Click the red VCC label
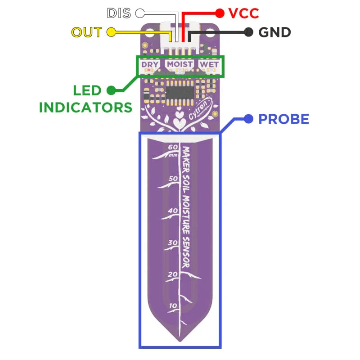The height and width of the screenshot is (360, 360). [x=243, y=13]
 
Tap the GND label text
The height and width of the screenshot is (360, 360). [x=274, y=32]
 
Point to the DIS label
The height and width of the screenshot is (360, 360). [x=119, y=13]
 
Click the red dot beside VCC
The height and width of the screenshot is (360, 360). [x=220, y=13]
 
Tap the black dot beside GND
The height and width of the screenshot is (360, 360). [x=248, y=32]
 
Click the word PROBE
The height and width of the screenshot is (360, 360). [x=283, y=119]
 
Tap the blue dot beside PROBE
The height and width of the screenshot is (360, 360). [x=247, y=119]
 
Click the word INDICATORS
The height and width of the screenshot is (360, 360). [x=85, y=107]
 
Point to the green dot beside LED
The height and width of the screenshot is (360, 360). [x=111, y=90]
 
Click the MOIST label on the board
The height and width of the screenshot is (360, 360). [x=180, y=65]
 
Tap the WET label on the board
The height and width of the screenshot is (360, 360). [x=210, y=65]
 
